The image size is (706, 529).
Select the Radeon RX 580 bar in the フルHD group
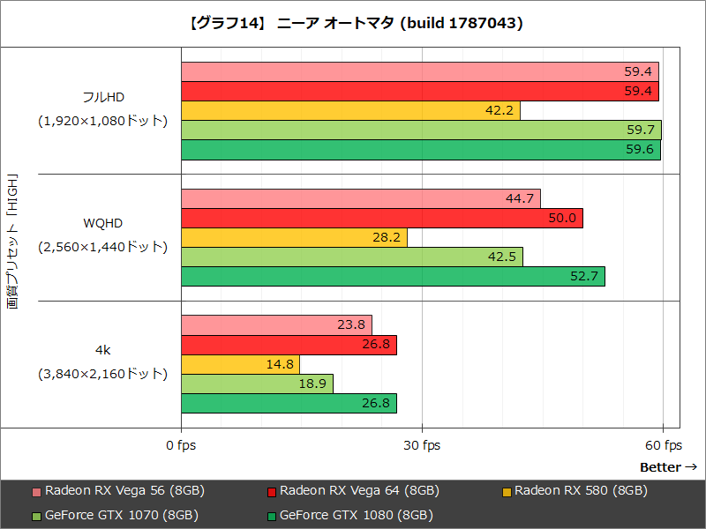350,110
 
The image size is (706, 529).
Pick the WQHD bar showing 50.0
381,218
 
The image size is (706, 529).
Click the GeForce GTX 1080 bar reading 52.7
393,277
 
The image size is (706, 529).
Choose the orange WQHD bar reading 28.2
294,237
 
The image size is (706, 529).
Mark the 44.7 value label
520,198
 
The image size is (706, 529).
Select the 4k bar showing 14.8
240,364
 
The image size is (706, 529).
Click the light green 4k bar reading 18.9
257,384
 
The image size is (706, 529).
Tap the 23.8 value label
351,324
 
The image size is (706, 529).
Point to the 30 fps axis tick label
423,445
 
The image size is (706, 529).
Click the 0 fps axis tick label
181,445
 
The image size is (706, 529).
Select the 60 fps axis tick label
663,445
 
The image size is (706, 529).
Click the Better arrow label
668,466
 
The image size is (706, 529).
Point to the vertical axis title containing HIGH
12,238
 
